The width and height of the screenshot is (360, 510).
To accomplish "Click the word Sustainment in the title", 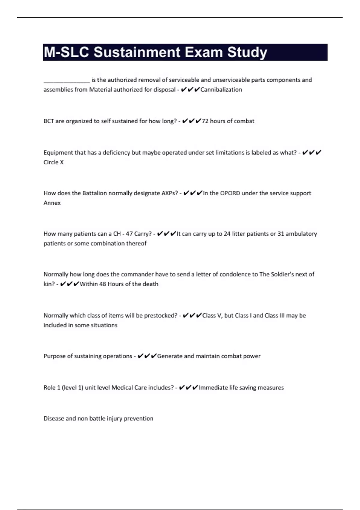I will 137,52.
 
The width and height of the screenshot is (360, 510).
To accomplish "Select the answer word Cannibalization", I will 221,90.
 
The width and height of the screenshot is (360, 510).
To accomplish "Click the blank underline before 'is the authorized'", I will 67,80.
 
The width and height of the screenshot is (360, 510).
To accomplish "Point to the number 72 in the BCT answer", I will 205,121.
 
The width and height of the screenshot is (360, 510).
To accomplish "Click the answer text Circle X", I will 54,162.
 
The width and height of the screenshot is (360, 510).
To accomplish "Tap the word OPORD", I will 230,193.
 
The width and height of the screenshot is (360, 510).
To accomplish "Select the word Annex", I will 52,203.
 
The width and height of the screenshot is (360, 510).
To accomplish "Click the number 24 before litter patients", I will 227,234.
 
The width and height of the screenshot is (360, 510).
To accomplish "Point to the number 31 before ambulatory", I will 281,234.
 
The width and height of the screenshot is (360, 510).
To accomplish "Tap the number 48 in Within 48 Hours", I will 103,284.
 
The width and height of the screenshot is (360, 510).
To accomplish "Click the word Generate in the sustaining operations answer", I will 169,356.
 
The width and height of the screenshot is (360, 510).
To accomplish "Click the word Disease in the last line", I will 53,418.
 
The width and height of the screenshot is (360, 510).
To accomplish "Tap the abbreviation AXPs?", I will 169,193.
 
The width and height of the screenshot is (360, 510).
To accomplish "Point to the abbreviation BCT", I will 49,121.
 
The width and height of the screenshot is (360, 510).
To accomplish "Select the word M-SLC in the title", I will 67,52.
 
